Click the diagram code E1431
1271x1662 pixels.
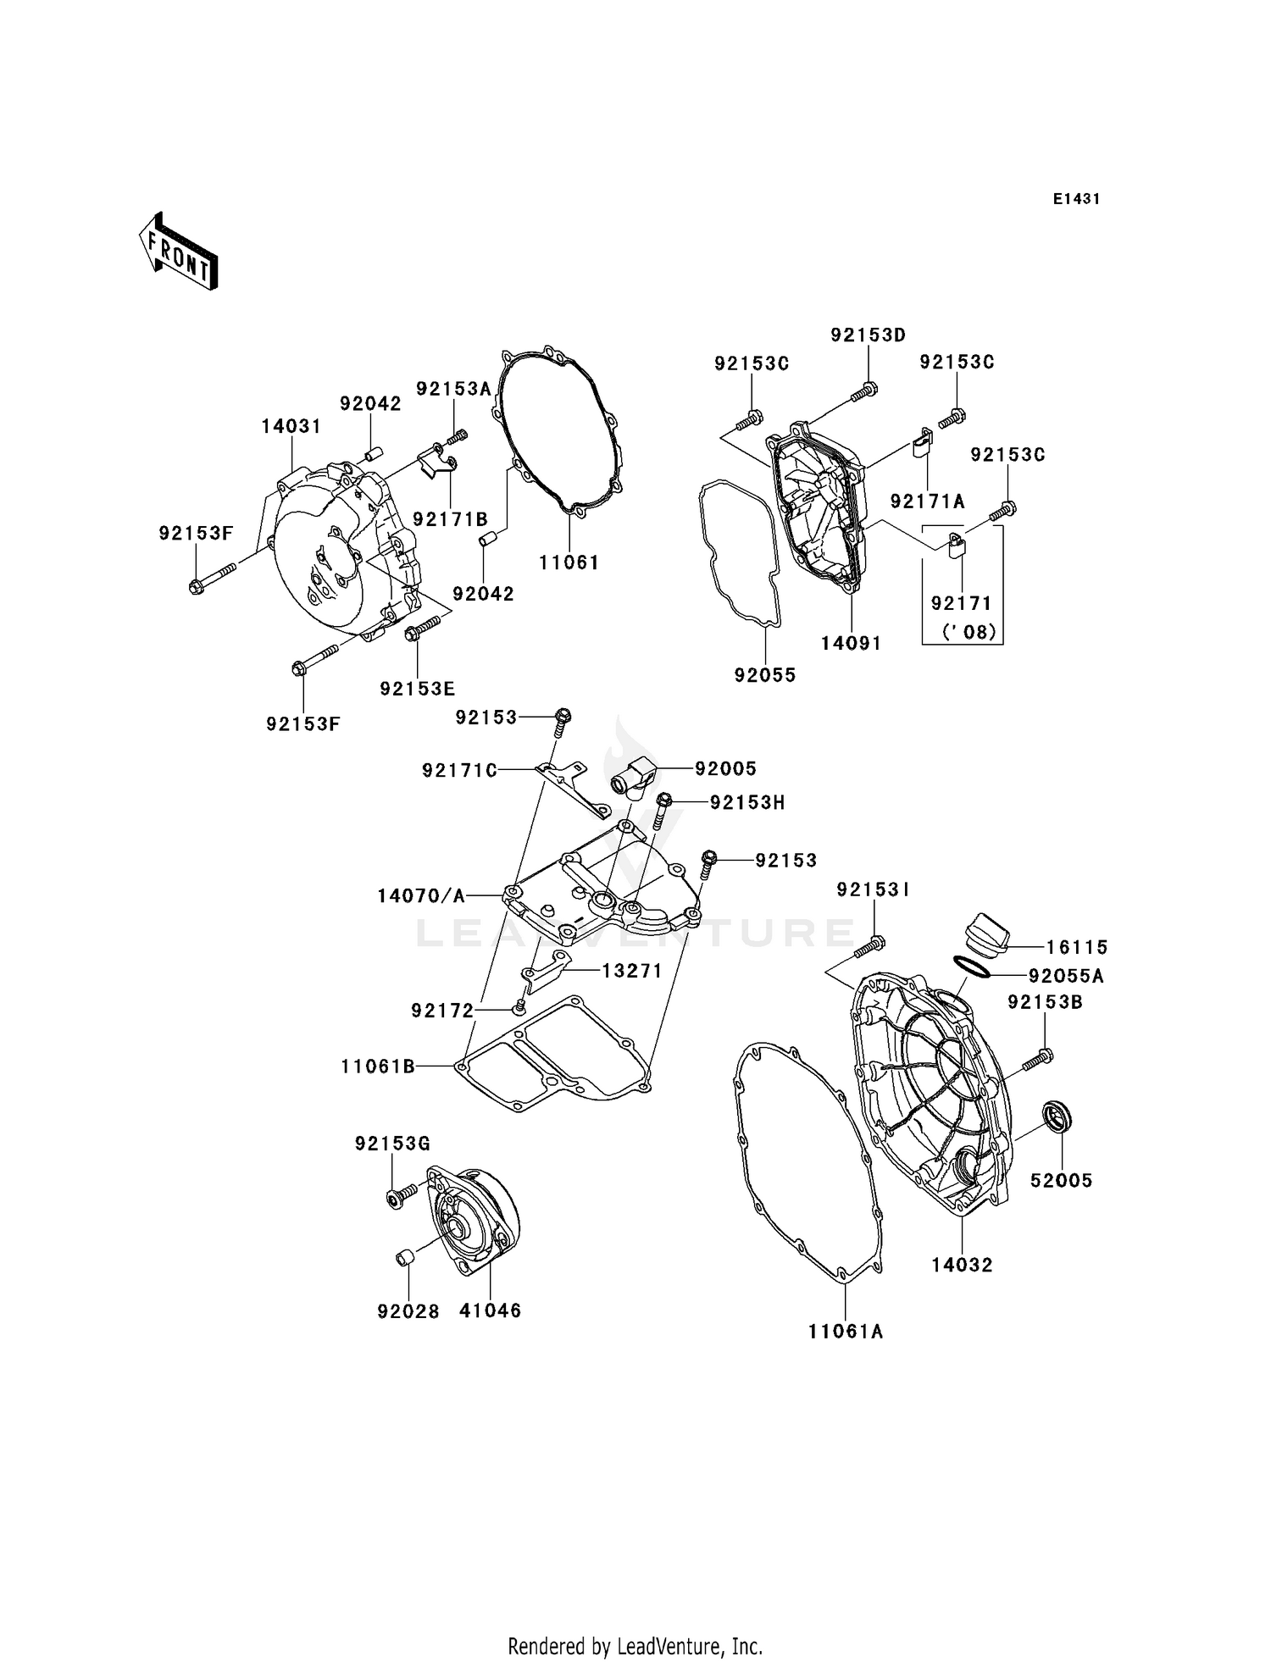tap(1076, 199)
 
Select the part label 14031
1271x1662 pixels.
tap(291, 426)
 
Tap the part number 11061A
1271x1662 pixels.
tap(846, 1331)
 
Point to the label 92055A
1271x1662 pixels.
tap(1066, 976)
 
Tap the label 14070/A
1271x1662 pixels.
tap(421, 895)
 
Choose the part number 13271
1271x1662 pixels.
tap(631, 971)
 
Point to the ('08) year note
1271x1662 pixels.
tap(969, 631)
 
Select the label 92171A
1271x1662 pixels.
tap(927, 501)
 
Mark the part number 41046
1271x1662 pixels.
tap(490, 1310)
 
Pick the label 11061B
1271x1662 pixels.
tap(378, 1066)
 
